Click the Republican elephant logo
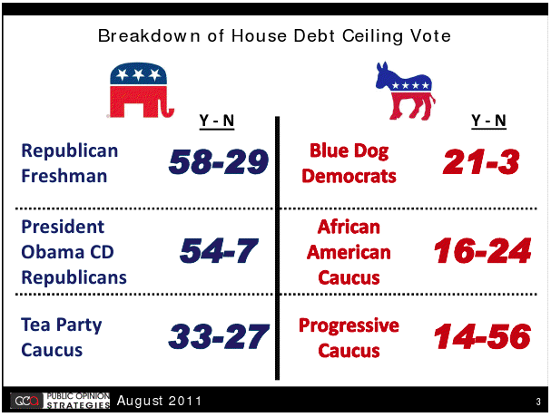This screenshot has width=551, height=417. point(141,91)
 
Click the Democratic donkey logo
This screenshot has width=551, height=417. point(406,91)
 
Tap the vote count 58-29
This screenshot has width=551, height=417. point(219,161)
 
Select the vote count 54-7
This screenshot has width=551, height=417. point(219,250)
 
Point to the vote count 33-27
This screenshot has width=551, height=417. point(219,336)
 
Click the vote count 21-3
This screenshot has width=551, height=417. point(481,161)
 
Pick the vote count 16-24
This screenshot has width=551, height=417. point(483,250)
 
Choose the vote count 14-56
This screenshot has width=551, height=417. point(483,336)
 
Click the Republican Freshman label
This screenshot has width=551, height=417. point(70,163)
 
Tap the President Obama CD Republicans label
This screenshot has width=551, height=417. point(74,252)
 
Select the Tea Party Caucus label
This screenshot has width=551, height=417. point(62,337)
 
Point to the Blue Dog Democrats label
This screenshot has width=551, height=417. point(349,163)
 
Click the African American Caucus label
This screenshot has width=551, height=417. point(349,252)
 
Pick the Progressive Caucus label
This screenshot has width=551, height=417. point(349,337)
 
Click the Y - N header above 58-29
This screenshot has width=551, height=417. point(217,121)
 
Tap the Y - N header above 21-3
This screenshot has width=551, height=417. point(488,121)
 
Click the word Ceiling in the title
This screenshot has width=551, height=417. point(372,36)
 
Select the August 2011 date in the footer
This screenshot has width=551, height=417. point(159,401)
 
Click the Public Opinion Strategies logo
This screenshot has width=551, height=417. point(60,401)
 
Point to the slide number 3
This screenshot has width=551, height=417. point(538,402)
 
